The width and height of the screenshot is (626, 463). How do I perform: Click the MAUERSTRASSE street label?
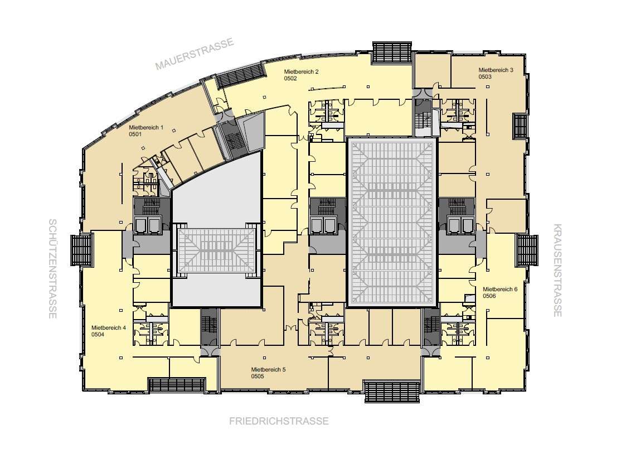194,54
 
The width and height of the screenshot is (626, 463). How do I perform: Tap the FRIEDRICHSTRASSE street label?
279,421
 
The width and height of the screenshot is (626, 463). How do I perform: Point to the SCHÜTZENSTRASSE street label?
53,269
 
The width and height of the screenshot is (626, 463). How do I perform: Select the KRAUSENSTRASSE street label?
558,270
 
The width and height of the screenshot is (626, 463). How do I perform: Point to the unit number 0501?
135,134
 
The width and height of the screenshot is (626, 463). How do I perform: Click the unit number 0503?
485,76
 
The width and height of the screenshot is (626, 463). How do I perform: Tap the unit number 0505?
258,377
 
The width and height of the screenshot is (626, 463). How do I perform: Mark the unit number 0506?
489,296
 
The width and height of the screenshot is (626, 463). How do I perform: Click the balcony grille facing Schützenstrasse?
82,250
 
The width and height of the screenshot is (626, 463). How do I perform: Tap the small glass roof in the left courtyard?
216,250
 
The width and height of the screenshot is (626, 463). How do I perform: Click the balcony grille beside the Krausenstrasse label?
527,250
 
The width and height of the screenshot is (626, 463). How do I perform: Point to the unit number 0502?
290,79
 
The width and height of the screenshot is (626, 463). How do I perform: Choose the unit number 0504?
98,334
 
